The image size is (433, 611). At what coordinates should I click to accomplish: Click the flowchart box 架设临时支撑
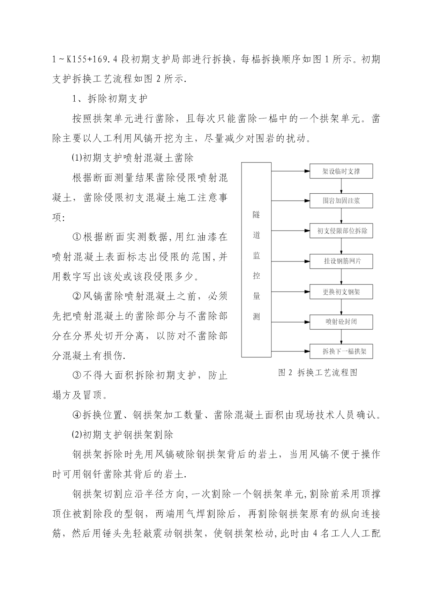click(341, 171)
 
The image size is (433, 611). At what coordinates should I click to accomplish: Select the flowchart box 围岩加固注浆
click(341, 201)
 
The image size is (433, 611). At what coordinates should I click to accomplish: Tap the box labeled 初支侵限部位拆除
click(341, 231)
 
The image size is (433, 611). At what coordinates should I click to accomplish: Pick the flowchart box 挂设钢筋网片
click(341, 261)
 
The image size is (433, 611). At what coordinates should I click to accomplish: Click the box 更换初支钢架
click(341, 292)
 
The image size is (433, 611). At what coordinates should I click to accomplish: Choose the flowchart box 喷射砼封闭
click(341, 322)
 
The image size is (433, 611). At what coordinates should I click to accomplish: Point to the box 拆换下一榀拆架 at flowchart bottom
click(341, 351)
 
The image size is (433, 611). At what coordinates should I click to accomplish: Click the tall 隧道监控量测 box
click(256, 260)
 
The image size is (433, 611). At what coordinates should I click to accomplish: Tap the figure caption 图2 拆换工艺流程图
click(318, 372)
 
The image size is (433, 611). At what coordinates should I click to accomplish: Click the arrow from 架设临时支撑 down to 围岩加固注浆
click(341, 186)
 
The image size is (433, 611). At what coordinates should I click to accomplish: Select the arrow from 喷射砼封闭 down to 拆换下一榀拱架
click(341, 337)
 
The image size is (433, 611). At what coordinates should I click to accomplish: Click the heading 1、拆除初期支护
click(110, 99)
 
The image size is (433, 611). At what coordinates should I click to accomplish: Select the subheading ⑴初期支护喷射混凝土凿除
click(132, 158)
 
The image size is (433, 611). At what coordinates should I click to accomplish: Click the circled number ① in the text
click(76, 237)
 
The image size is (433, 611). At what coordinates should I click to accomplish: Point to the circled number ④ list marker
click(76, 415)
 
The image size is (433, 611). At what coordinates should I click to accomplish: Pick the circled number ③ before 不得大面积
click(76, 376)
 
